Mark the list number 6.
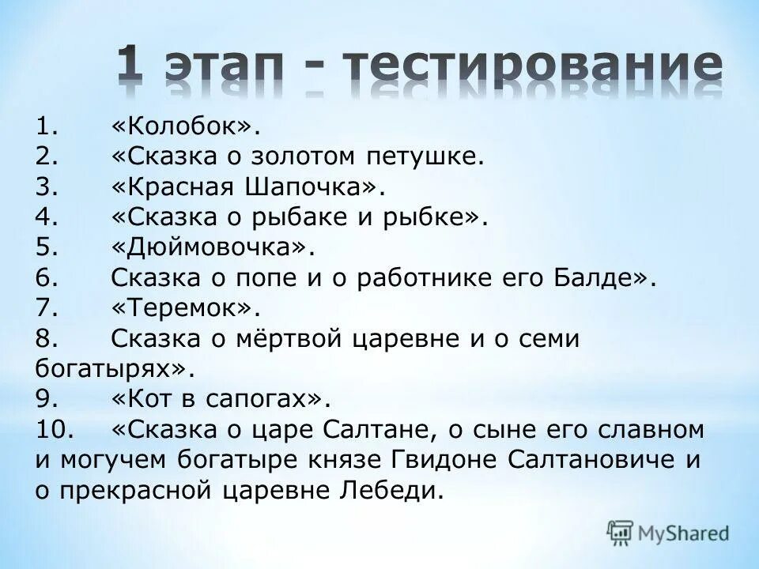(x=46, y=278)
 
